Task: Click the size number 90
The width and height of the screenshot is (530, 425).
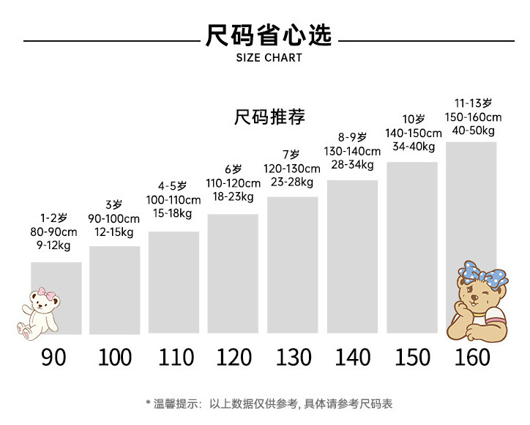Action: click(53, 357)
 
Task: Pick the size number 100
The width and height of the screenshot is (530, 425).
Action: click(115, 357)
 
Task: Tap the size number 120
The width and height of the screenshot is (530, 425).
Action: click(234, 357)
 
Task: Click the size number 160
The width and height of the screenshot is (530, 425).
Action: click(472, 357)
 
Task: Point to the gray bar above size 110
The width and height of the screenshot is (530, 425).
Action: click(173, 283)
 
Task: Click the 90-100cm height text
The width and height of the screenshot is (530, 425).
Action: click(113, 219)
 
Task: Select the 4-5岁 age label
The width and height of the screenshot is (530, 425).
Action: click(173, 186)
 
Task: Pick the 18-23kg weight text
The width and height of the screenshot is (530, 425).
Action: click(233, 196)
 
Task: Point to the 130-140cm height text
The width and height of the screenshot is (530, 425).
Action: click(352, 152)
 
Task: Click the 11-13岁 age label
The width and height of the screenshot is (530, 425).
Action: click(472, 103)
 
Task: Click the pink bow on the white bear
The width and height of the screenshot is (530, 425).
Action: click(49, 295)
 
